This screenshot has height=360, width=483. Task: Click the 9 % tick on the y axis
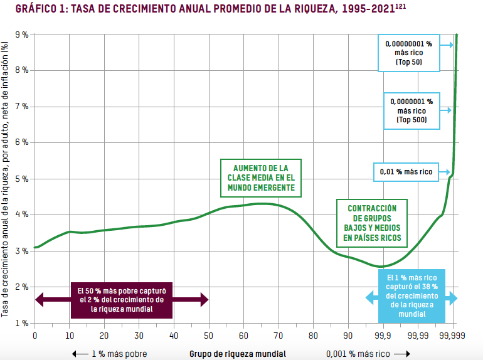[22, 34]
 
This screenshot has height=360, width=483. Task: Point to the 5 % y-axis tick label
[22, 179]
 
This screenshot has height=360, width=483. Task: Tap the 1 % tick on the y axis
[22, 323]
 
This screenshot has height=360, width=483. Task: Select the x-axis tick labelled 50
[208, 336]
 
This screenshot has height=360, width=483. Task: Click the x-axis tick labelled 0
[34, 336]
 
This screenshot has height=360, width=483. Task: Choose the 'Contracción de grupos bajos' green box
[372, 223]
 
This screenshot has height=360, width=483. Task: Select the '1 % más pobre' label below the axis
[119, 354]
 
